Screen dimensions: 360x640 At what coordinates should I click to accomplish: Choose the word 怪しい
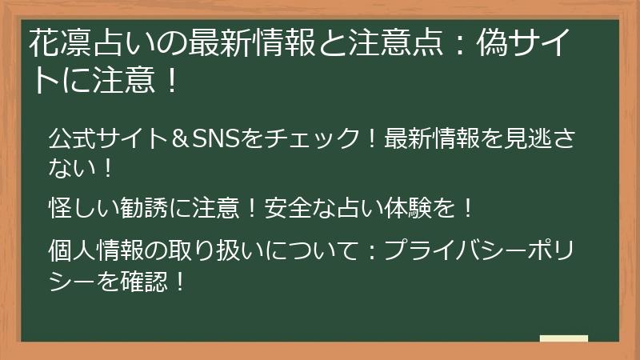(86, 210)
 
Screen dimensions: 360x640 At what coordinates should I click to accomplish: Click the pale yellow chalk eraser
(563, 338)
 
